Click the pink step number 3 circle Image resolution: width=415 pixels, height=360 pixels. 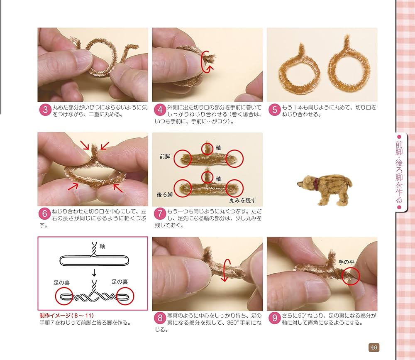[x=45, y=110]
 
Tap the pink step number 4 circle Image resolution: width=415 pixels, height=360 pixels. [x=160, y=110]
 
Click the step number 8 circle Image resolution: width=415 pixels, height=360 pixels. [x=160, y=318]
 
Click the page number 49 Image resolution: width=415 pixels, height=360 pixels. [x=373, y=347]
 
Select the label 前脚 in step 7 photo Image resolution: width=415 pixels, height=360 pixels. [x=165, y=157]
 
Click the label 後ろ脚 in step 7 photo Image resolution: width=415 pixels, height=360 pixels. [x=164, y=194]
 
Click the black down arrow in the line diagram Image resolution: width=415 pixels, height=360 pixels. [x=95, y=272]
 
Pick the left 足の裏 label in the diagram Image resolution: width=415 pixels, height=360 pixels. [x=61, y=282]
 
